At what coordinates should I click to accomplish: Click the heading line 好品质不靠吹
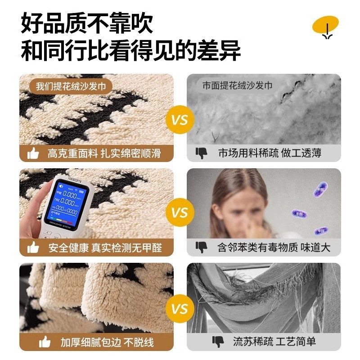pos(87,23)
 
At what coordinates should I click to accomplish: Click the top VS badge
pos(180,120)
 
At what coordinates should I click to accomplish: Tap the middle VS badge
pos(180,212)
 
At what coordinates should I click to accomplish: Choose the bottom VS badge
pos(180,309)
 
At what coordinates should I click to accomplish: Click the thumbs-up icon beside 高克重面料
pos(33,153)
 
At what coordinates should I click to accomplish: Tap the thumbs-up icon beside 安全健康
pos(33,247)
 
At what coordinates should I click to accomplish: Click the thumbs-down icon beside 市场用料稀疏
pos(201,153)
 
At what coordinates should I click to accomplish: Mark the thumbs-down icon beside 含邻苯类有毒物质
pos(201,247)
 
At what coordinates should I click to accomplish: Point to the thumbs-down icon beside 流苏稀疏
pos(218,342)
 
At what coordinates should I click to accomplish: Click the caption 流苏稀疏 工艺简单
pos(274,342)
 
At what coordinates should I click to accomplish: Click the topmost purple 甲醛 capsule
pos(319,191)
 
